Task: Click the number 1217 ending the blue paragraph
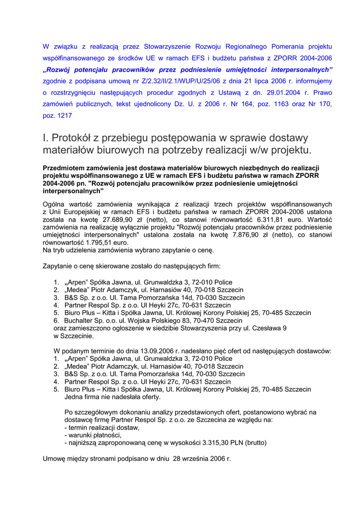(65, 115)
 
